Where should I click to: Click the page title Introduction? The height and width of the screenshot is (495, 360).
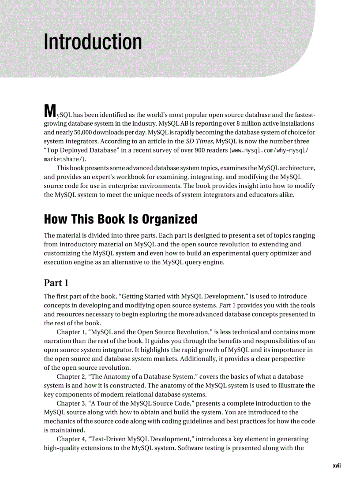[93, 42]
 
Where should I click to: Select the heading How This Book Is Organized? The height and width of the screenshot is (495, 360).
[120, 219]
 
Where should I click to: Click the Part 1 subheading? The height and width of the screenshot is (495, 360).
[56, 283]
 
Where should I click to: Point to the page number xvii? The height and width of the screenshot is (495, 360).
[337, 466]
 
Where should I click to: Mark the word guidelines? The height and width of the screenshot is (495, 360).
[205, 421]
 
